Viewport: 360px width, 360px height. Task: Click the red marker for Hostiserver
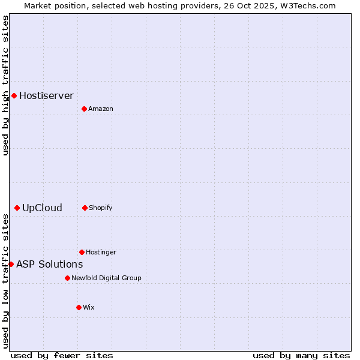tap(14, 95)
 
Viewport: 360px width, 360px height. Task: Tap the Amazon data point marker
tap(84, 109)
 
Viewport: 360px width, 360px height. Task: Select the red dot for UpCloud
tap(17, 208)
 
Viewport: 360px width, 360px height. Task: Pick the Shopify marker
tap(85, 208)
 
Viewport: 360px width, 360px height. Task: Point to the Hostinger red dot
tap(82, 252)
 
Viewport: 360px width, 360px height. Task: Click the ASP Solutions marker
tap(11, 264)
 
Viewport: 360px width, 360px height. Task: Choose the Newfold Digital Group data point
tap(67, 278)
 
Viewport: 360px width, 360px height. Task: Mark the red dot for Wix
tap(79, 307)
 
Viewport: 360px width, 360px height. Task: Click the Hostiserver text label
tap(46, 95)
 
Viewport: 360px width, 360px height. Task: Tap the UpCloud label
tap(42, 208)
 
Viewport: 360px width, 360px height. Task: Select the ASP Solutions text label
tap(49, 264)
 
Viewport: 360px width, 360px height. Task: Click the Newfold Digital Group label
tap(106, 278)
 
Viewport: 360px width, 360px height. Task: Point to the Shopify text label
tap(100, 208)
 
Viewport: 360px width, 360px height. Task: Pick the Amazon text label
tap(100, 109)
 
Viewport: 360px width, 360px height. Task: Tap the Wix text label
tap(88, 307)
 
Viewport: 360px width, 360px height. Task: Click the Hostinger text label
tap(101, 252)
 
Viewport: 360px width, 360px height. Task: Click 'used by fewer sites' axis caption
tap(62, 355)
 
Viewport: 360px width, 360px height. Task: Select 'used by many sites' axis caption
tap(301, 355)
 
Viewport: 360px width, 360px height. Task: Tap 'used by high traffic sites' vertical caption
tap(5, 85)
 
